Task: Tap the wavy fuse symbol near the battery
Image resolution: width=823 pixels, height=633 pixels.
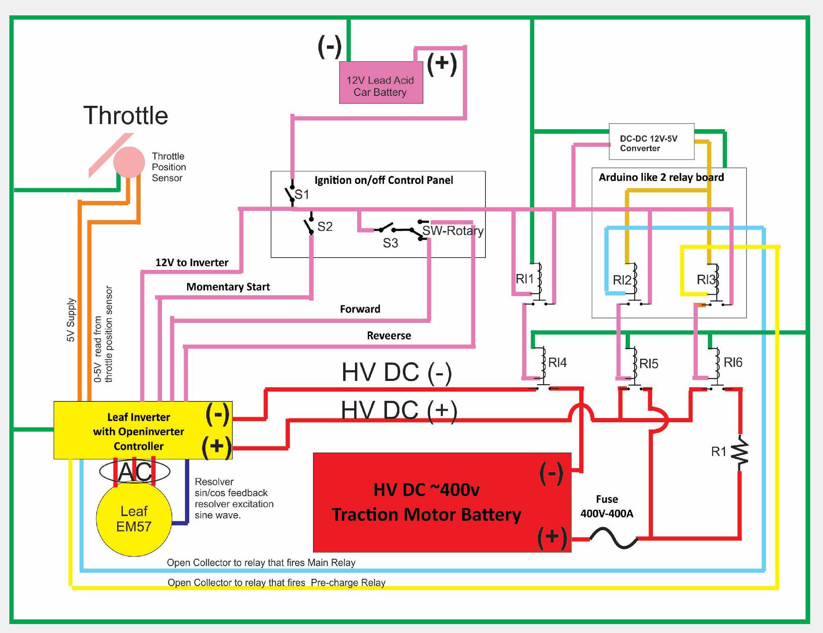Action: click(613, 538)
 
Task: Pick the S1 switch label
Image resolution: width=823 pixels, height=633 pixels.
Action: click(302, 195)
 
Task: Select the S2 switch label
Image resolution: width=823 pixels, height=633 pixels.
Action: click(325, 226)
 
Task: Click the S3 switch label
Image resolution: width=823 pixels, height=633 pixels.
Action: click(390, 243)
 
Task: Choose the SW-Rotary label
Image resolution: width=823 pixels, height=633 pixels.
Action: click(453, 231)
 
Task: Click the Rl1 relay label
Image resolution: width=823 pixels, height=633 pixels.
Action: click(524, 279)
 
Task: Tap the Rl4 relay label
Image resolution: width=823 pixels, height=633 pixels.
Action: click(557, 363)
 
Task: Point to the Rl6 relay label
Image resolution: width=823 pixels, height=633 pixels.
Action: click(733, 363)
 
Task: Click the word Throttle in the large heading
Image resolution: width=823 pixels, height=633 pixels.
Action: click(126, 115)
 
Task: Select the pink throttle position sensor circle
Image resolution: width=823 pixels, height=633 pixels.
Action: click(129, 162)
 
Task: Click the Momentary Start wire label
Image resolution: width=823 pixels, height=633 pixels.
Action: click(228, 287)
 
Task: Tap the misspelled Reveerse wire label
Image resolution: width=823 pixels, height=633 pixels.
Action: click(389, 336)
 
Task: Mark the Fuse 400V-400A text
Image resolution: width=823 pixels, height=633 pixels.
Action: click(606, 506)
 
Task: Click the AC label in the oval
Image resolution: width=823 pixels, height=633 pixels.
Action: click(135, 471)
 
